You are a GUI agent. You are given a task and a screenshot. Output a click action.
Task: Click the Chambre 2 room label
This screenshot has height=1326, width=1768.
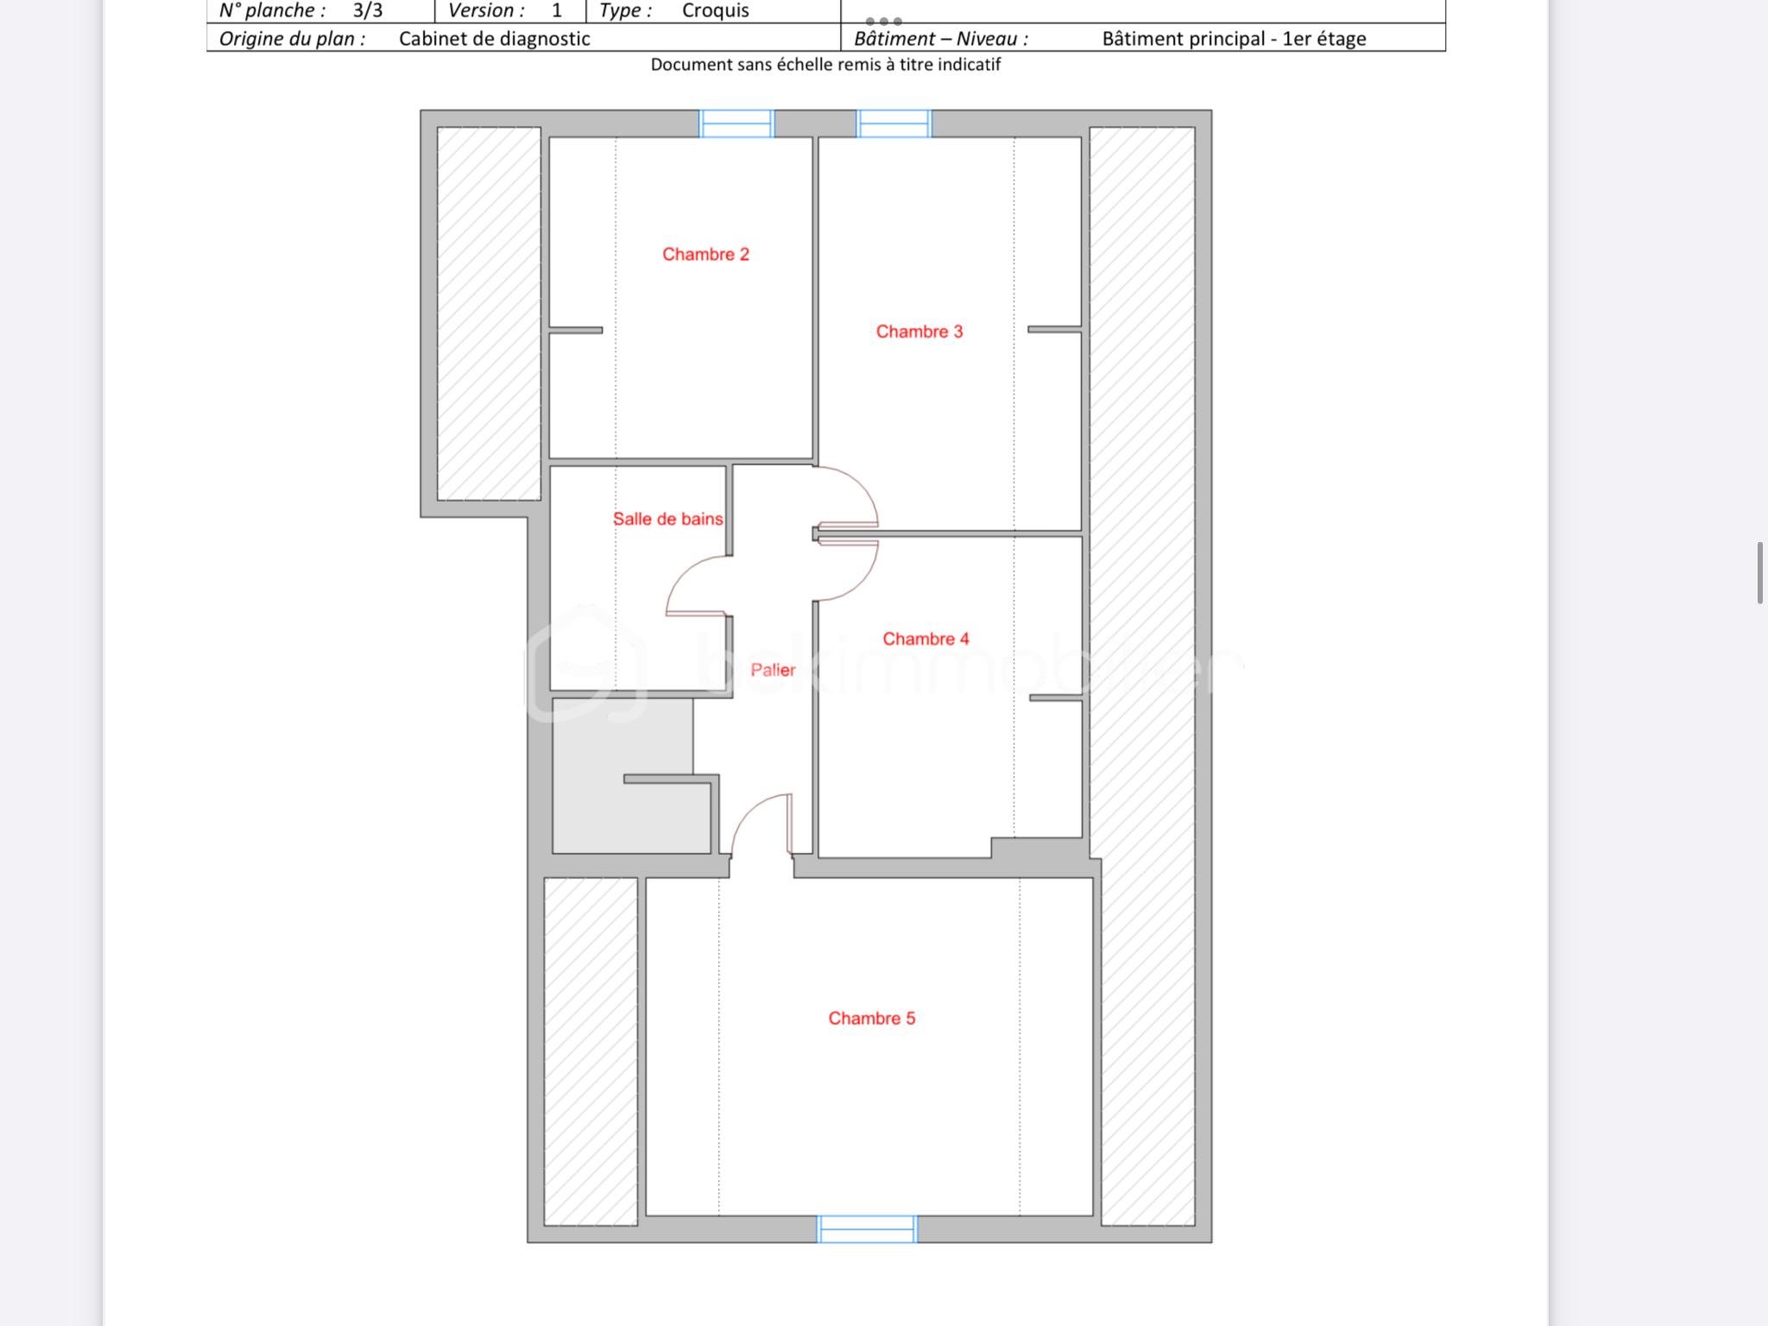[705, 255]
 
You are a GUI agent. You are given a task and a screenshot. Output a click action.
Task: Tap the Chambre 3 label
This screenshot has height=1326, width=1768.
[919, 331]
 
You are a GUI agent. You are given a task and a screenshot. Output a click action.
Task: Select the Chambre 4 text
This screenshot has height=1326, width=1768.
[925, 639]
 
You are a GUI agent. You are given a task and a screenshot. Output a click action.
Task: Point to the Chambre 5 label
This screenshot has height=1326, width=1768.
[871, 1019]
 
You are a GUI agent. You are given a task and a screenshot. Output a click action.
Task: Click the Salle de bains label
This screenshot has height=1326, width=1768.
[667, 519]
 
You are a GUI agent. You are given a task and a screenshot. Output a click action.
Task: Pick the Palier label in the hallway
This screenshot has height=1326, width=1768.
[773, 670]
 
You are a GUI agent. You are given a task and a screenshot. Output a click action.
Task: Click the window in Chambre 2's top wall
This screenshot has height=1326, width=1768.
[736, 124]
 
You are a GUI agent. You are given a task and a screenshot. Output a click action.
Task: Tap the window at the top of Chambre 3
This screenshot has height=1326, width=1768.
[893, 124]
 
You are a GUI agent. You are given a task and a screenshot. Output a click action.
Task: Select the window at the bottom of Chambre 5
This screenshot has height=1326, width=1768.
[867, 1228]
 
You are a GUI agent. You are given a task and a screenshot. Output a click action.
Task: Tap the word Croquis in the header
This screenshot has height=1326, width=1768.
[715, 11]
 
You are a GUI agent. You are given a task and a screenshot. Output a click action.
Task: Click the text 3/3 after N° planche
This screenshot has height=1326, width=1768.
[368, 11]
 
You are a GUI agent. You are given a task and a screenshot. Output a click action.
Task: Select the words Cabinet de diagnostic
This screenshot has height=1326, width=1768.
[494, 39]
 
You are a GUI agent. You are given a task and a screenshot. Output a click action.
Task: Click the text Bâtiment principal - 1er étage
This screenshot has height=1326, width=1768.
[1234, 39]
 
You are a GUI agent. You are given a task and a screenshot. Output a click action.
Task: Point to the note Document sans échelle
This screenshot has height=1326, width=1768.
[825, 65]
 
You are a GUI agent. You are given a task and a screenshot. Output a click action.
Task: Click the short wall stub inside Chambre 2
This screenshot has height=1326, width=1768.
[576, 330]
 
